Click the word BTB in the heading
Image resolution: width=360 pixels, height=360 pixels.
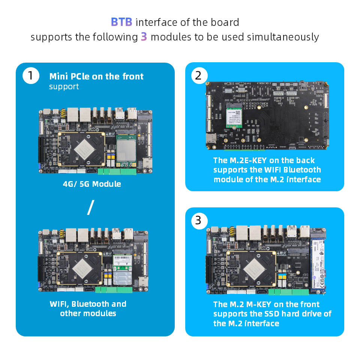(121, 22)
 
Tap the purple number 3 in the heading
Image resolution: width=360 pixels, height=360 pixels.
(144, 37)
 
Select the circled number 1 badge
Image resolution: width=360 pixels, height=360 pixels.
(30, 76)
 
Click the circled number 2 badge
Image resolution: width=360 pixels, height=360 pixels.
(198, 75)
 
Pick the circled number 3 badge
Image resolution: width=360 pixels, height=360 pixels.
(198, 220)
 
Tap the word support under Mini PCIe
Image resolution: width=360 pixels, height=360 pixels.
(64, 87)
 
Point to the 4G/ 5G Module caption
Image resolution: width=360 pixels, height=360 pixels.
(92, 184)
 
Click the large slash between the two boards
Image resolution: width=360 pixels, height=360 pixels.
(90, 207)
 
